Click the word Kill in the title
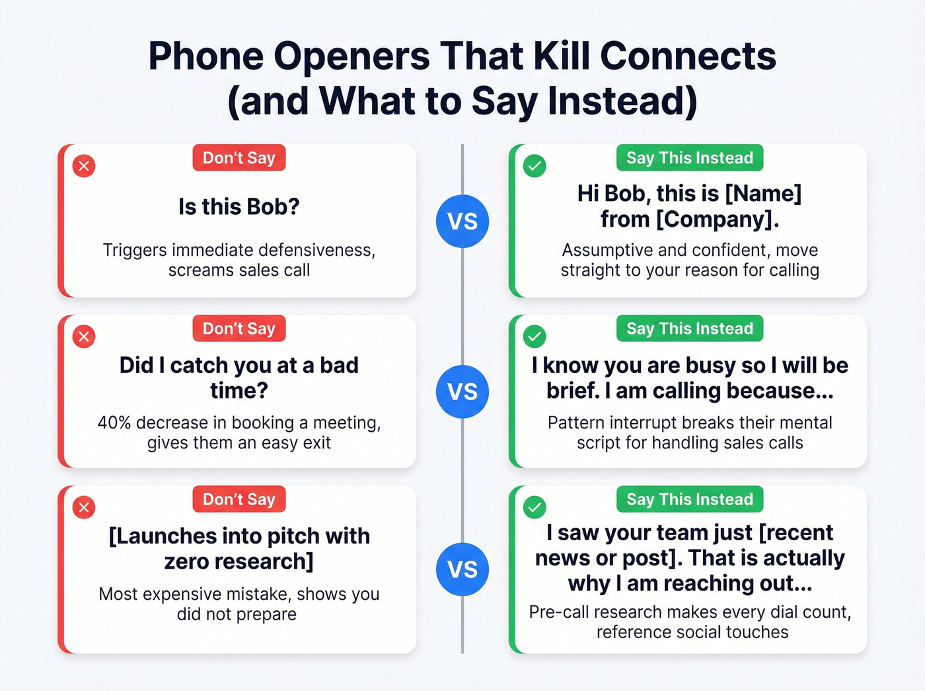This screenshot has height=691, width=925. pyautogui.click(x=563, y=56)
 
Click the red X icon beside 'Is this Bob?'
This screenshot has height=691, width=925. pyautogui.click(x=84, y=165)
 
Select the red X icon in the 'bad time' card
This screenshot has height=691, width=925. pyautogui.click(x=84, y=337)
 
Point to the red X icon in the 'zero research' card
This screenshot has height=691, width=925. pyautogui.click(x=84, y=507)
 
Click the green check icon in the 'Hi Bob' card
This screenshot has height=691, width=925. pyautogui.click(x=535, y=165)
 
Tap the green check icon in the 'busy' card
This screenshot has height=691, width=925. pyautogui.click(x=535, y=337)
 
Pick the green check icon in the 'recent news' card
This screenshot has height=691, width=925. pyautogui.click(x=535, y=507)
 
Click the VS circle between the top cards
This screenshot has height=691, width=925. pyautogui.click(x=462, y=222)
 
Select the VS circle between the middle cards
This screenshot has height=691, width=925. pyautogui.click(x=462, y=391)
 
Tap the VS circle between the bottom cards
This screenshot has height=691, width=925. pyautogui.click(x=462, y=569)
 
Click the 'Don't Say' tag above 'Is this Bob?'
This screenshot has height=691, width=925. pyautogui.click(x=239, y=158)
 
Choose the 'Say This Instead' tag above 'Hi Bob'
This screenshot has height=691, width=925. pyautogui.click(x=690, y=158)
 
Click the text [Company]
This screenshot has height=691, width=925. pyautogui.click(x=717, y=219)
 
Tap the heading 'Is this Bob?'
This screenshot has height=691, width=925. pyautogui.click(x=239, y=207)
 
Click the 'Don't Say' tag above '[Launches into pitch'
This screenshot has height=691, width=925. pyautogui.click(x=239, y=499)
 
